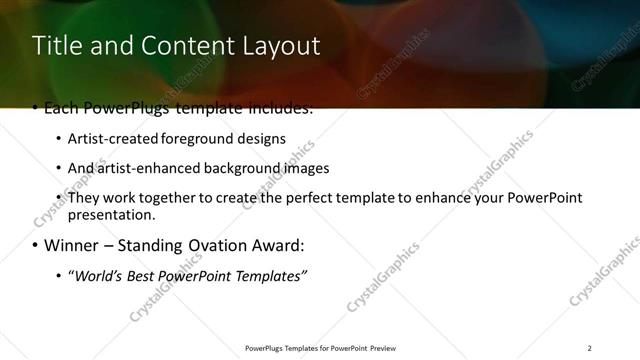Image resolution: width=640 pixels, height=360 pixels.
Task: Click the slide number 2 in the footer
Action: [x=589, y=348]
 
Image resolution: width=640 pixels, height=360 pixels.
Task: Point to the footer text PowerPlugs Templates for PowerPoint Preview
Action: [x=320, y=348]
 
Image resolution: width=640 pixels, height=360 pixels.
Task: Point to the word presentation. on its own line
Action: [x=111, y=214]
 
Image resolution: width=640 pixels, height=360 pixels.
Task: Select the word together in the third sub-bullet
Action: [x=171, y=198]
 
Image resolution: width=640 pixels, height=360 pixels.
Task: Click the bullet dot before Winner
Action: [x=36, y=246]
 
